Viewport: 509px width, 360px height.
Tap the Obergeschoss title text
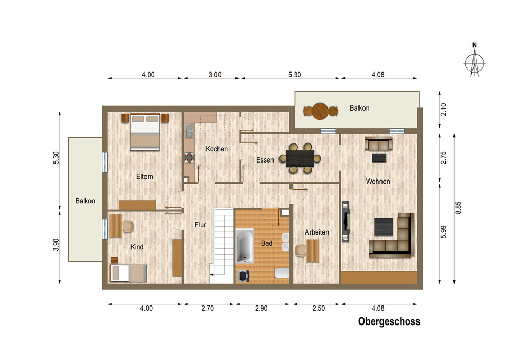click(x=389, y=321)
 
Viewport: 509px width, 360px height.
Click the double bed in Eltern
click(x=145, y=132)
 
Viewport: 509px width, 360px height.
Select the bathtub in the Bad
click(x=245, y=246)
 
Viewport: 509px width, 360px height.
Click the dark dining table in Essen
click(x=300, y=158)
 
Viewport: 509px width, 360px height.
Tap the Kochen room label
click(x=216, y=149)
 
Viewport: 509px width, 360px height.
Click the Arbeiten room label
click(x=317, y=232)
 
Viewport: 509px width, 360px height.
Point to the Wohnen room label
click(x=378, y=181)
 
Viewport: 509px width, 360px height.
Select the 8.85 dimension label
click(x=458, y=208)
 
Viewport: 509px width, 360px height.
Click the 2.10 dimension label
click(x=443, y=110)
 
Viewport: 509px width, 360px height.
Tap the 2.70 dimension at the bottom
click(x=207, y=308)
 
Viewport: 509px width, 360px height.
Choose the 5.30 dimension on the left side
click(x=56, y=158)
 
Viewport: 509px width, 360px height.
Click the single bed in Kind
click(x=128, y=273)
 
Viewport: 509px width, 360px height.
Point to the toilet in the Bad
click(x=282, y=273)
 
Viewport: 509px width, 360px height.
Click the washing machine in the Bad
click(x=243, y=276)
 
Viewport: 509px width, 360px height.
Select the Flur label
click(x=201, y=225)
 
